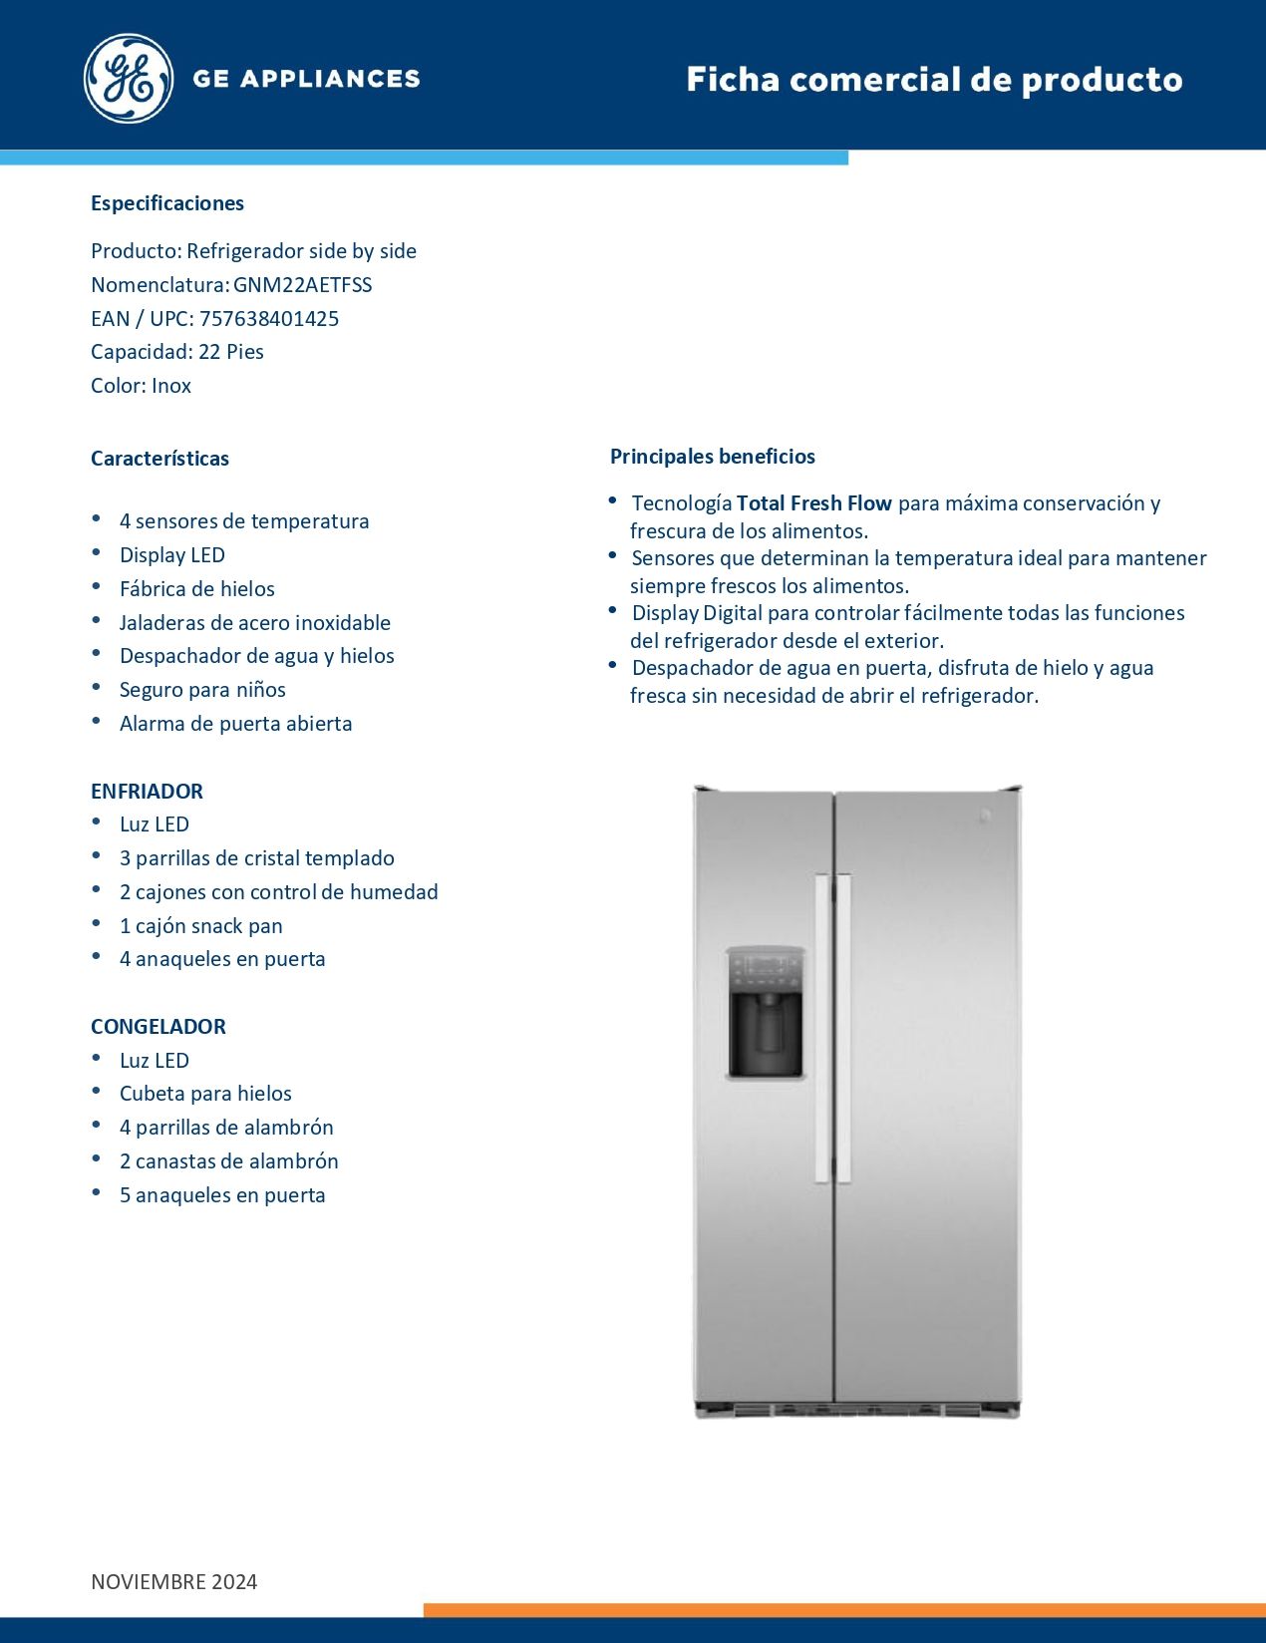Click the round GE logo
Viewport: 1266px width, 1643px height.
[129, 79]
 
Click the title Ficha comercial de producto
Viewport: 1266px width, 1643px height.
[934, 80]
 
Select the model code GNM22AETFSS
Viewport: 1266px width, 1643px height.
[302, 285]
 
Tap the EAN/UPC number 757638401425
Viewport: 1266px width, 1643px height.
[269, 319]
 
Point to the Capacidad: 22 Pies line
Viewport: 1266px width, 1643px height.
[177, 352]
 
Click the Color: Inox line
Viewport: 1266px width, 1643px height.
[141, 386]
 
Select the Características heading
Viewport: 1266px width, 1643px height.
[159, 459]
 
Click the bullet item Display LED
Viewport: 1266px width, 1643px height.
[172, 555]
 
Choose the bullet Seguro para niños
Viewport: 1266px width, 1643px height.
[202, 690]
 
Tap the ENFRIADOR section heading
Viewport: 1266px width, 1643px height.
[147, 792]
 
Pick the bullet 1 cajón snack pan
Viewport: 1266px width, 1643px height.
[200, 926]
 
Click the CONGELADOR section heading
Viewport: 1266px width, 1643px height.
[158, 1027]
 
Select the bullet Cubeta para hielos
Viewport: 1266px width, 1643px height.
[205, 1094]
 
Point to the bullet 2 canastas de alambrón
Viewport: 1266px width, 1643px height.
[228, 1161]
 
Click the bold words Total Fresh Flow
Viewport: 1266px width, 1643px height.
[813, 503]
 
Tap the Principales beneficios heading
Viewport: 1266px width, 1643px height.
[713, 457]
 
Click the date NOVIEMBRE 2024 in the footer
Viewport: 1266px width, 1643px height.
[174, 1582]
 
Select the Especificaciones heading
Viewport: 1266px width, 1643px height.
[167, 203]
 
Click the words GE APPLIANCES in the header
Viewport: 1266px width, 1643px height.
[306, 79]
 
